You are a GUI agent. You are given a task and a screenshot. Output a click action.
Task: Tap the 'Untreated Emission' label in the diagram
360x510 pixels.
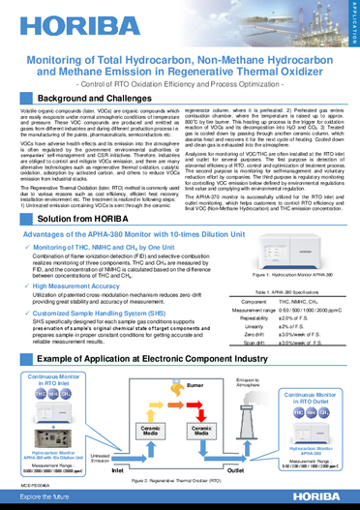point(100,458)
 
